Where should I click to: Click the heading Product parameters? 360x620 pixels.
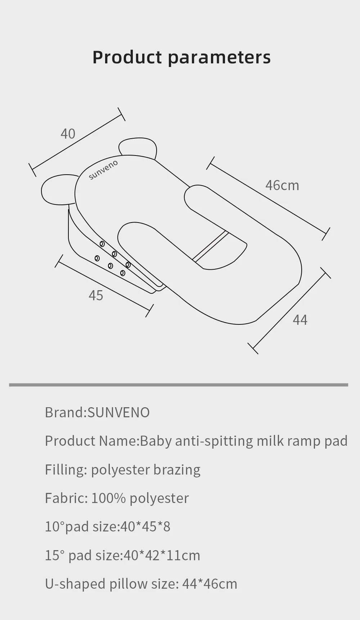pyautogui.click(x=181, y=57)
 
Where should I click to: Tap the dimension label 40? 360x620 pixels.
pyautogui.click(x=68, y=134)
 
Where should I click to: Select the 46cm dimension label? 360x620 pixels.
pyautogui.click(x=282, y=185)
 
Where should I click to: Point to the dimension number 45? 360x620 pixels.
pyautogui.click(x=96, y=296)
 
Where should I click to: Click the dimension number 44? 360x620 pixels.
pyautogui.click(x=300, y=320)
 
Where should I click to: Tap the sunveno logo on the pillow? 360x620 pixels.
pyautogui.click(x=103, y=170)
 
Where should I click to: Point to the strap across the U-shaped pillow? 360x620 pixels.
pyautogui.click(x=211, y=246)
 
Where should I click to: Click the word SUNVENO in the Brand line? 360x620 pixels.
pyautogui.click(x=118, y=413)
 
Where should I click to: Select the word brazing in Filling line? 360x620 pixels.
pyautogui.click(x=177, y=470)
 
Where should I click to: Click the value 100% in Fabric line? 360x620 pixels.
pyautogui.click(x=108, y=498)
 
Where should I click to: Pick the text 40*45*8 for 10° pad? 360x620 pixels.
pyautogui.click(x=145, y=527)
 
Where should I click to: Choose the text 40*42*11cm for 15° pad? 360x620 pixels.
pyautogui.click(x=162, y=556)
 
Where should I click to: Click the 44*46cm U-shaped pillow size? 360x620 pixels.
pyautogui.click(x=210, y=584)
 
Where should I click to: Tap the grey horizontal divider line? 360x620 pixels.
pyautogui.click(x=179, y=385)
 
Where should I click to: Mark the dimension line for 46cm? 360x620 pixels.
pyautogui.click(x=268, y=198)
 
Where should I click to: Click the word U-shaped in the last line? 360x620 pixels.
pyautogui.click(x=75, y=584)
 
